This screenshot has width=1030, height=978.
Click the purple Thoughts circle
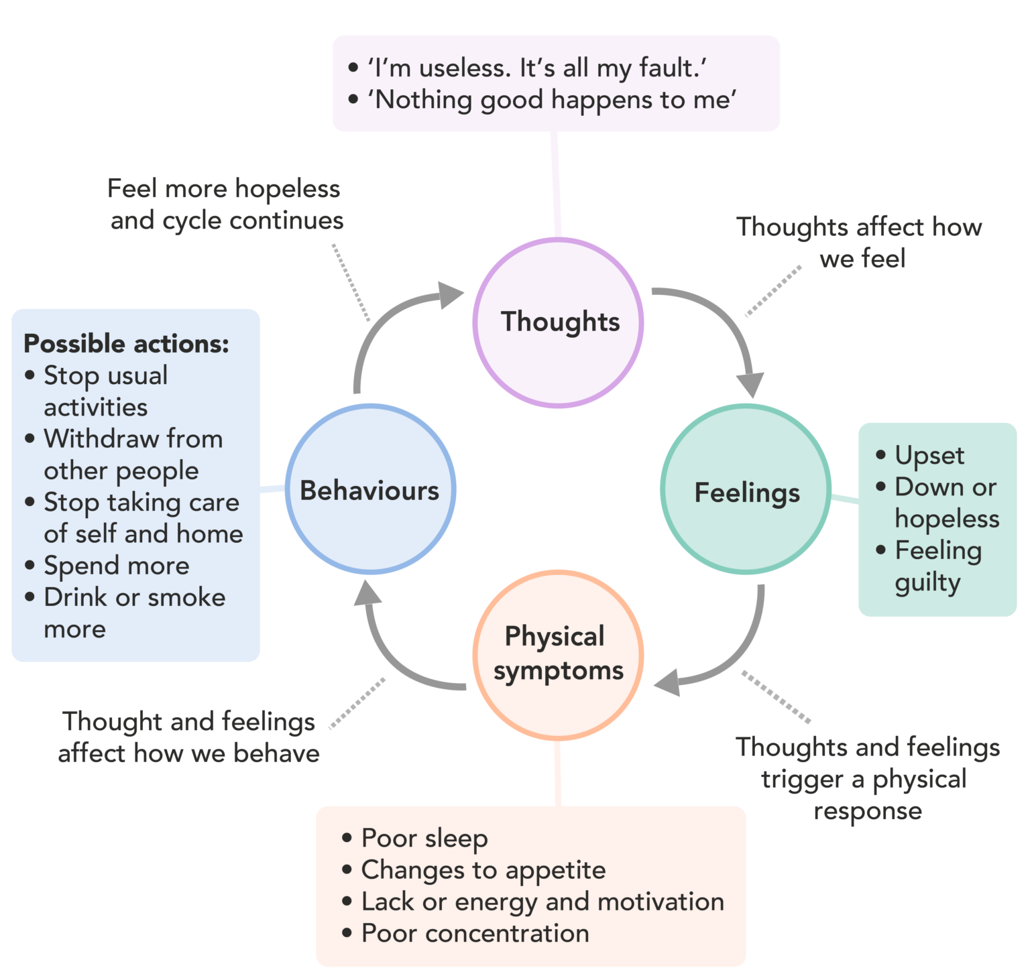(x=559, y=322)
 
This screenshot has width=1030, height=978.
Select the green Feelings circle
(x=746, y=491)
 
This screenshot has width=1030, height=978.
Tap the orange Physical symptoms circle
(x=559, y=655)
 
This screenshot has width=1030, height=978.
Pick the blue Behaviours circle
(x=370, y=490)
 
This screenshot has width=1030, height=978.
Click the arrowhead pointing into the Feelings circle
(x=751, y=385)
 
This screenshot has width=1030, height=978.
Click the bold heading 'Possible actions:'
(x=126, y=344)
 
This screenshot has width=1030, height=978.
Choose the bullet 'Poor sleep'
(x=424, y=838)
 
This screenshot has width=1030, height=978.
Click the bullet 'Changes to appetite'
(x=483, y=870)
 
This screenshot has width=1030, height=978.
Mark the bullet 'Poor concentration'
(x=475, y=933)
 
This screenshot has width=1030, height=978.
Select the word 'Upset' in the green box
(x=929, y=456)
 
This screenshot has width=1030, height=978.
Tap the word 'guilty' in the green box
(x=927, y=583)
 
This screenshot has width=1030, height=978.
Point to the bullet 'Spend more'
(x=116, y=566)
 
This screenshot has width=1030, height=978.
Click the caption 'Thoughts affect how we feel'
(x=860, y=242)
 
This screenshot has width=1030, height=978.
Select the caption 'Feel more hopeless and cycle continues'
(x=225, y=204)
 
